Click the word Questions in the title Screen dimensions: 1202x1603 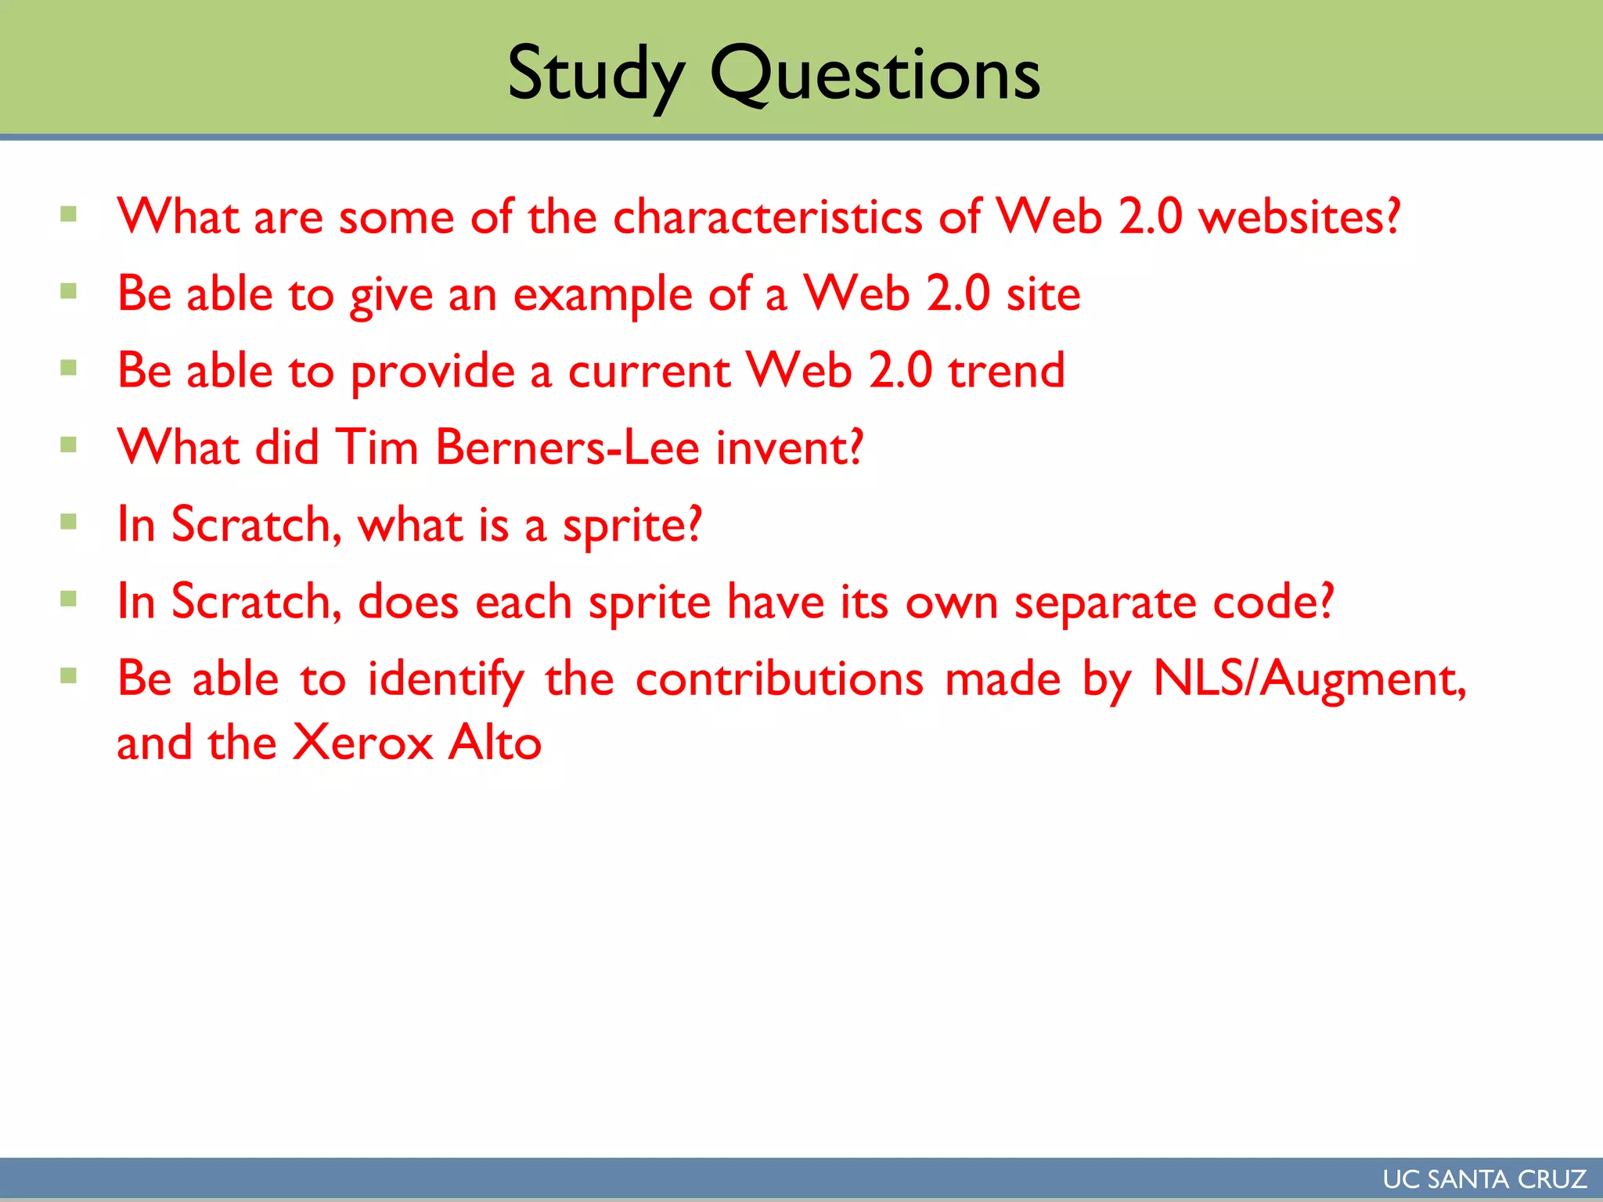point(875,75)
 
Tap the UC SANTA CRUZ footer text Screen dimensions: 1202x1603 point(1484,1179)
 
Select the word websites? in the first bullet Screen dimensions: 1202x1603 point(1299,217)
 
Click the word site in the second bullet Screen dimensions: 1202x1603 point(1043,294)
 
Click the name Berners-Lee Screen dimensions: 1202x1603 point(567,448)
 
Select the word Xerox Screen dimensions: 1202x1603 point(362,742)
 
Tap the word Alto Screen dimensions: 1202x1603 point(495,742)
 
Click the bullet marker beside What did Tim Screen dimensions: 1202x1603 point(69,445)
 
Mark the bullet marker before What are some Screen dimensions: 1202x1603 point(69,214)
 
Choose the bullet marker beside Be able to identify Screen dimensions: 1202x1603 point(69,675)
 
